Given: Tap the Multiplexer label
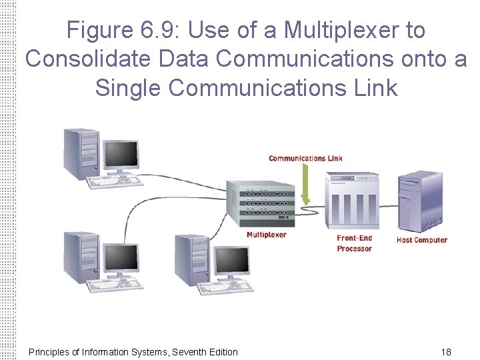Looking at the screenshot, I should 267,235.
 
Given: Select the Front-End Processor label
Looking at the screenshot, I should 354,243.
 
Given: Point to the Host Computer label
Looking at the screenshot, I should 421,240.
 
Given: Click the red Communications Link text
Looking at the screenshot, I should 305,158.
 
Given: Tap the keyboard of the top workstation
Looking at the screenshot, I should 117,181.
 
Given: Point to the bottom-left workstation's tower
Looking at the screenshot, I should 79,256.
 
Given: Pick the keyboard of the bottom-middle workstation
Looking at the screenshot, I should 227,287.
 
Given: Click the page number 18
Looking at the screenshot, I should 446,351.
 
